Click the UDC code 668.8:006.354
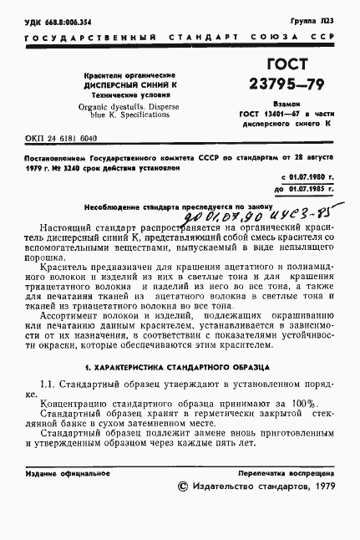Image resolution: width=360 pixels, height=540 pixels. point(52,18)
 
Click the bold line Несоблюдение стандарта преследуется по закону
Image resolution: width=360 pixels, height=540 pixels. point(165,205)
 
